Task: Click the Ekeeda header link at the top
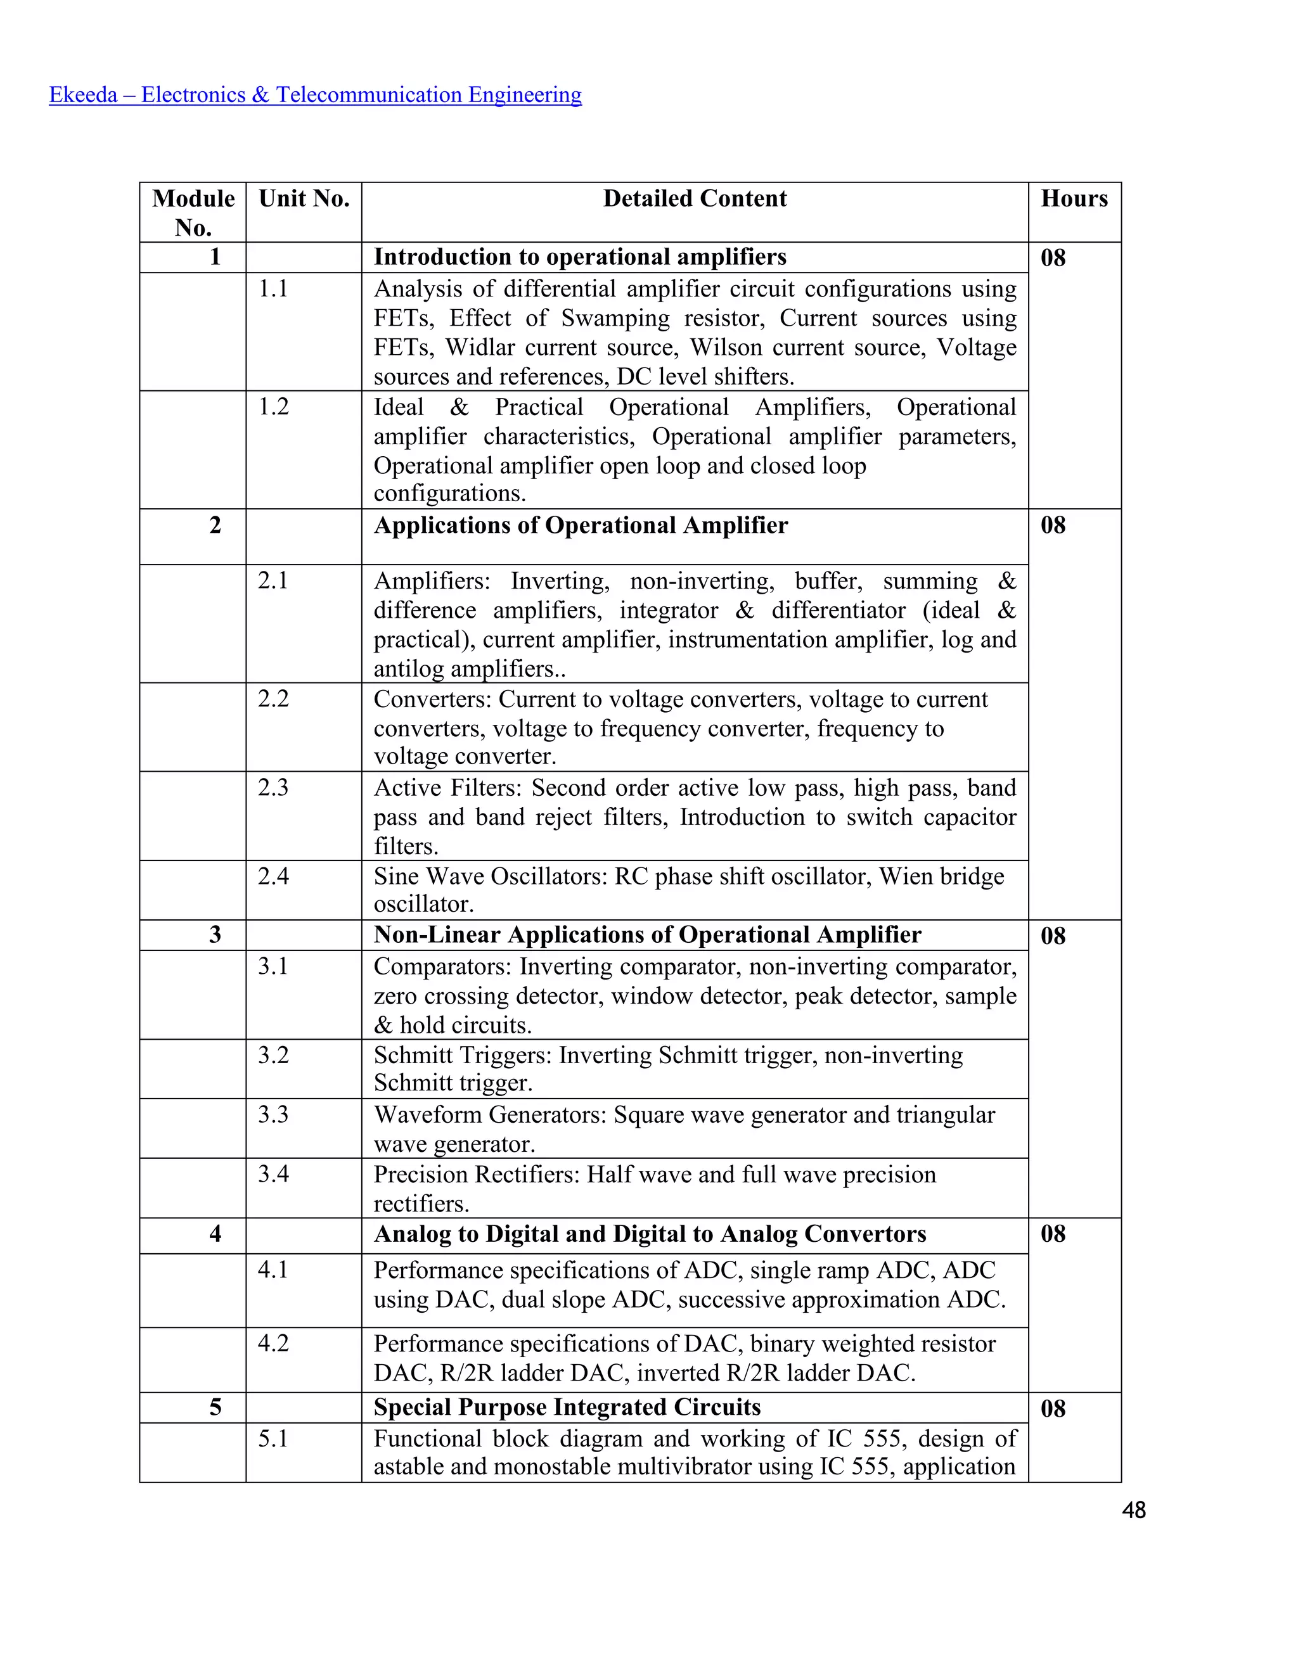pos(315,94)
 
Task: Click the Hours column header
pos(1074,198)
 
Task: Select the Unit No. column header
pos(304,198)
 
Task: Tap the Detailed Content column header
pos(695,198)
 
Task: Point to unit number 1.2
pos(274,407)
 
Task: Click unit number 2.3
pos(274,787)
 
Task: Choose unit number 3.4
pos(274,1174)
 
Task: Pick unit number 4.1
pos(274,1269)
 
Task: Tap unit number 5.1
pos(274,1438)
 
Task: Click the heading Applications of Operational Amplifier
pos(581,525)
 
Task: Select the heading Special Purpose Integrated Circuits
pos(567,1407)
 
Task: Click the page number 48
pos(1133,1510)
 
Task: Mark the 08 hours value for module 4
pos(1053,1234)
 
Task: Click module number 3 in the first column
pos(215,935)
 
